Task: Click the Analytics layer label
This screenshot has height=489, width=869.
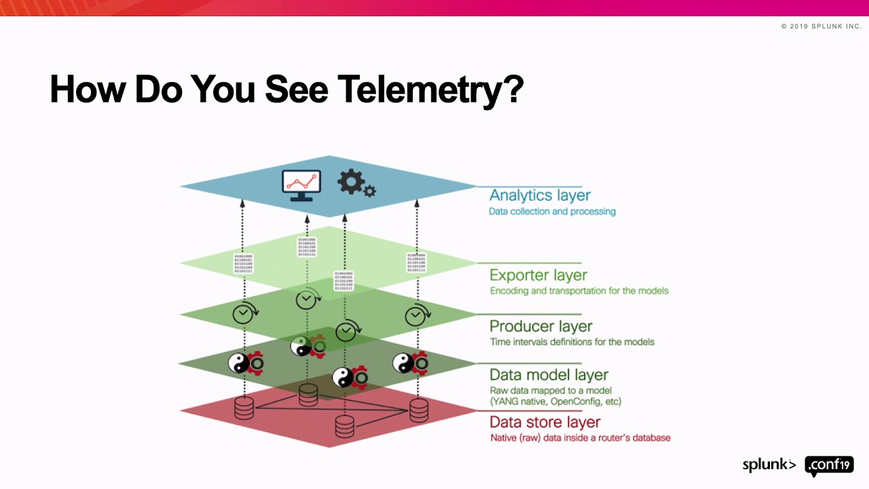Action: [540, 196]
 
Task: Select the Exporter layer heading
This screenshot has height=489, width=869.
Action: [538, 275]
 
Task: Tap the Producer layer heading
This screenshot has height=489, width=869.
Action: [541, 326]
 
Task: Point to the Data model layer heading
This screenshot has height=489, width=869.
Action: [549, 375]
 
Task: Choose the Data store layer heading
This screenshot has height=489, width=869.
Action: [545, 422]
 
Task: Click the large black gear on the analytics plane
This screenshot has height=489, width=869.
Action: [350, 181]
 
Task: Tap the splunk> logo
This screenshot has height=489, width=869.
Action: [769, 465]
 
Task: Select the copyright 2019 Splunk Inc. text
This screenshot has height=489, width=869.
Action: [821, 26]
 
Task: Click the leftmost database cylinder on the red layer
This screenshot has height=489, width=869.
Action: [244, 408]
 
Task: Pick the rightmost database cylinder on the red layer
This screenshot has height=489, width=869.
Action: [419, 410]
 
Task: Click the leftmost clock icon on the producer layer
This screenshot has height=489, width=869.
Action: [243, 314]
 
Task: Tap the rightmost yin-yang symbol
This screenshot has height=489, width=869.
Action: [403, 363]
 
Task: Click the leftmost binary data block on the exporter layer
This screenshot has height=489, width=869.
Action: [243, 264]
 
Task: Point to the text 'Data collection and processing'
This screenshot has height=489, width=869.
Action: [552, 211]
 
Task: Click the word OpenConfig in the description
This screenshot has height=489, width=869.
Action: [576, 401]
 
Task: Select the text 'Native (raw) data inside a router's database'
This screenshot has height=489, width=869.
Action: [580, 438]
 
